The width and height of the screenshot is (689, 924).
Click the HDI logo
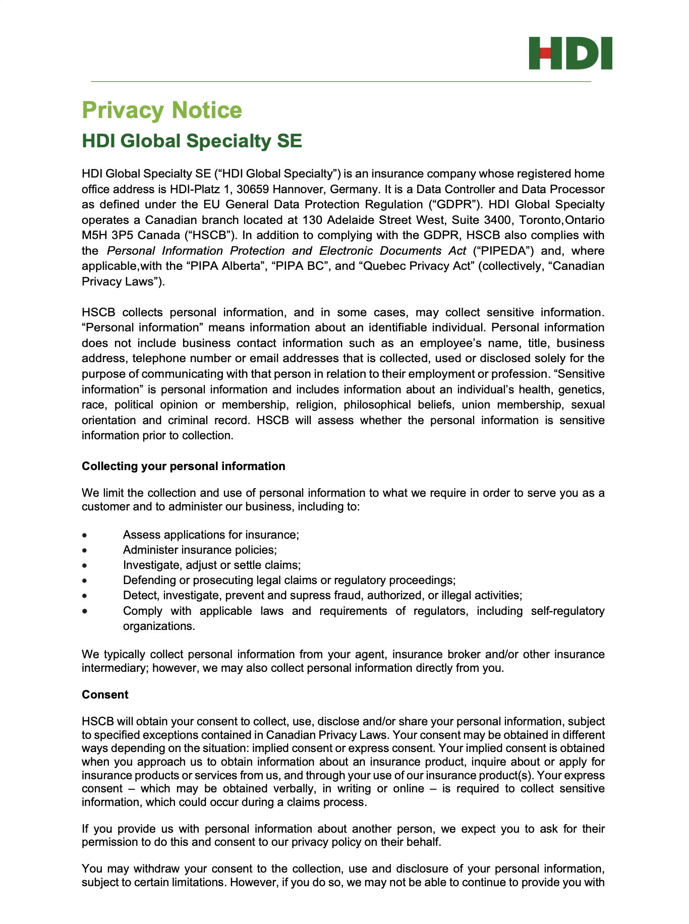coord(570,53)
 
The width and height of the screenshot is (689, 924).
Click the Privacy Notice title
coord(162,110)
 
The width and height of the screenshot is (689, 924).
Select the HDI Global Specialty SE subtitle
coord(192,141)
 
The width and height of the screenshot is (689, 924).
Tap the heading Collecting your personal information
coord(184,466)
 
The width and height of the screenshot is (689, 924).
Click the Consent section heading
coord(105,695)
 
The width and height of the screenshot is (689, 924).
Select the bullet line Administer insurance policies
coord(200,550)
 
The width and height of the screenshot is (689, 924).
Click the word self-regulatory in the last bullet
coord(567,611)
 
